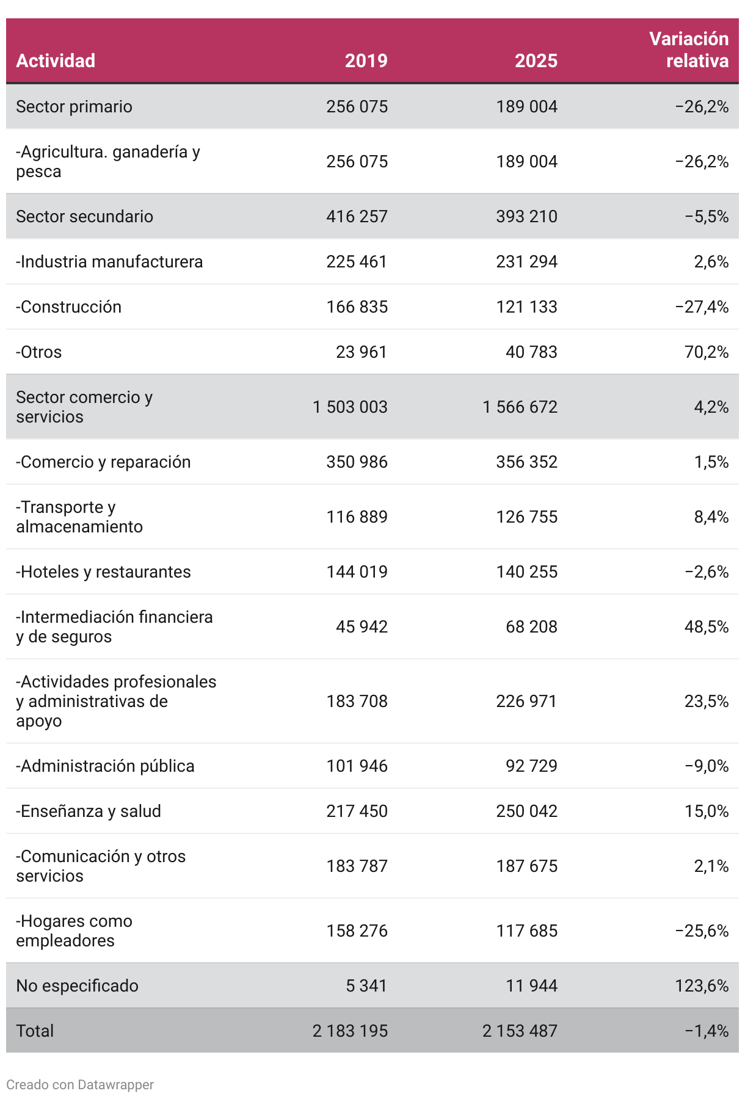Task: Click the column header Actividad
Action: tap(56, 60)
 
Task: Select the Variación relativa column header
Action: tap(689, 49)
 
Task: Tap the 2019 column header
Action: tap(366, 60)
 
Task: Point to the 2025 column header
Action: tap(536, 60)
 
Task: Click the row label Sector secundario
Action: tap(84, 216)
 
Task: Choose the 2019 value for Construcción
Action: tap(357, 306)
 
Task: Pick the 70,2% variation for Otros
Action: tap(707, 352)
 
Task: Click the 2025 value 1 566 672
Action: tap(520, 407)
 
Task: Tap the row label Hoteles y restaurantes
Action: tap(103, 571)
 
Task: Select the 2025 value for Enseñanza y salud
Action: tap(526, 811)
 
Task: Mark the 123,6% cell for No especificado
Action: tap(702, 985)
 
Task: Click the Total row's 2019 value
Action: tap(350, 1031)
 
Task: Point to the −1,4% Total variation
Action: tap(707, 1031)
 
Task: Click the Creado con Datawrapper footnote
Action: tap(80, 1084)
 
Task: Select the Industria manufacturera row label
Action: tap(109, 261)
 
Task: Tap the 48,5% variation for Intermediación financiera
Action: tap(707, 626)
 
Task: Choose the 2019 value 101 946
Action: tap(357, 766)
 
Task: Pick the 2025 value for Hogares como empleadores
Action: tap(526, 930)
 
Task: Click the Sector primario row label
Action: tap(74, 106)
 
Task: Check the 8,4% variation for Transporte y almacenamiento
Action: tap(711, 517)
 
